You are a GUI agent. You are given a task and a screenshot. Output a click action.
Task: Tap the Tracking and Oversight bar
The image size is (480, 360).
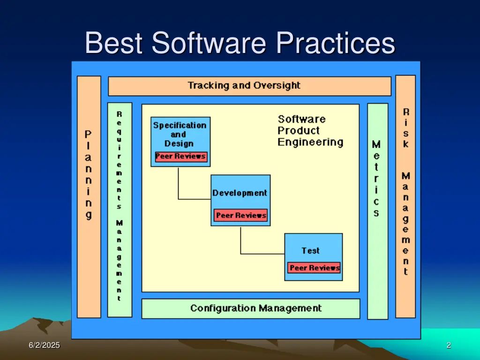[249, 86]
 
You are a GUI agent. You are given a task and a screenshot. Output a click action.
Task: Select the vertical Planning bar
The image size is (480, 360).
[89, 197]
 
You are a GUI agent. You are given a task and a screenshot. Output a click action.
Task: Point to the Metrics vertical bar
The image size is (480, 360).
[377, 211]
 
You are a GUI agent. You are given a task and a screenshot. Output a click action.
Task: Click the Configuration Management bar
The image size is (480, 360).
[251, 308]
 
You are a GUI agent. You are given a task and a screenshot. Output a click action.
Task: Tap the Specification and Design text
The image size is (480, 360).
[180, 134]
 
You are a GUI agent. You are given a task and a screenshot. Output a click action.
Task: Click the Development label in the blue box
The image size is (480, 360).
[240, 193]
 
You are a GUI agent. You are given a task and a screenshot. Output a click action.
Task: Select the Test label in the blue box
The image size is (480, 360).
[310, 250]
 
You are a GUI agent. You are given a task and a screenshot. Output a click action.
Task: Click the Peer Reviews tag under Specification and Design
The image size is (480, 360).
[180, 157]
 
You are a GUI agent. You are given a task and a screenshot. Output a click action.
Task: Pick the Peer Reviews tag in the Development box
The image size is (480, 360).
[241, 216]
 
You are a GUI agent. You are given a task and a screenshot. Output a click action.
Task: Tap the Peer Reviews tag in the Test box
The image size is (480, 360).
[315, 268]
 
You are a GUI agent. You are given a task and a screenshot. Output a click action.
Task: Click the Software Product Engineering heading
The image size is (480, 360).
[309, 130]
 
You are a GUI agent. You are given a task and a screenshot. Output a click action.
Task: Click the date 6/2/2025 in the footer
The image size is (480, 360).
[44, 345]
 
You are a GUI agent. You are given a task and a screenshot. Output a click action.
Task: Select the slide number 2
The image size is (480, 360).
[449, 345]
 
